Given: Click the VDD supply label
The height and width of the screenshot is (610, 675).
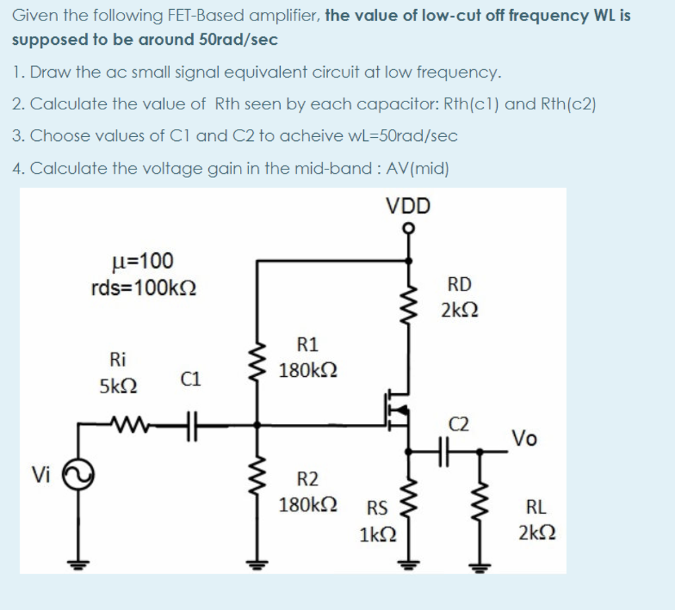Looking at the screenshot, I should (408, 206).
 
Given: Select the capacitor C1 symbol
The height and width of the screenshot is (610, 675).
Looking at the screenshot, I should (189, 425).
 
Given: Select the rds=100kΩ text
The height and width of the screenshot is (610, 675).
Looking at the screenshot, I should (144, 288).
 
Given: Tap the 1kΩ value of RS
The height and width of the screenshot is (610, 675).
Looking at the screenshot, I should (378, 534).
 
